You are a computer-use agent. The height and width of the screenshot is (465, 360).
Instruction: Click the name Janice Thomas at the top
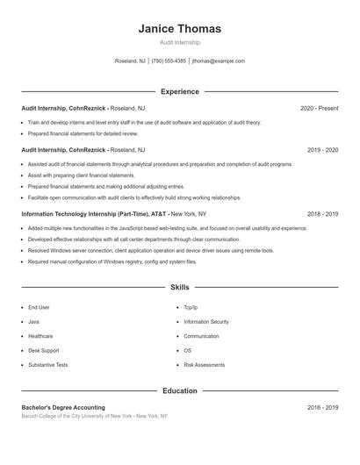click(x=179, y=29)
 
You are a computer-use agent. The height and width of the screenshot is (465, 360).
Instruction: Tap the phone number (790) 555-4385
click(x=169, y=61)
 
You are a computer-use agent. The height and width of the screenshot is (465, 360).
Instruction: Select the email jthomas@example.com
click(x=218, y=61)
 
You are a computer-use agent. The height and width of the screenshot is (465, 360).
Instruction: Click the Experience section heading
click(x=179, y=91)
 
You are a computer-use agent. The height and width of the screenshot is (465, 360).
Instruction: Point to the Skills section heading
click(x=179, y=287)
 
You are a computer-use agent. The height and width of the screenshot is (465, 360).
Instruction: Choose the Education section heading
click(x=179, y=390)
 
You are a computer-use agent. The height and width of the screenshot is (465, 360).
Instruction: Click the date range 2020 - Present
click(x=319, y=108)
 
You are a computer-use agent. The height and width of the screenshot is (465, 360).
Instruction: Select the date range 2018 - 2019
click(x=322, y=213)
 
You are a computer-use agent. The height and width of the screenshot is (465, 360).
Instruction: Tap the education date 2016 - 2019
click(x=322, y=407)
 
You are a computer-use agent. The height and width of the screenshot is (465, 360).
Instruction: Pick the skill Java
click(x=34, y=322)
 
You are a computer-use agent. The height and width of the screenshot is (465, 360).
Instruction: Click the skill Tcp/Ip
click(x=191, y=308)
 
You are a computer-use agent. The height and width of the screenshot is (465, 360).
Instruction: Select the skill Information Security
click(x=206, y=322)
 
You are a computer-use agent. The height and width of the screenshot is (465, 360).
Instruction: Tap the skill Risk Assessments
click(x=204, y=364)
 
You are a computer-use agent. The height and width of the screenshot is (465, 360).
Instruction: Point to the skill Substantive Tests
click(x=48, y=364)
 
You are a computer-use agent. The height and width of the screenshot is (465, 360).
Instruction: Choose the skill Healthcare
click(x=40, y=336)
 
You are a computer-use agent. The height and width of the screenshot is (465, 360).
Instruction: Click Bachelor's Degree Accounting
click(x=63, y=407)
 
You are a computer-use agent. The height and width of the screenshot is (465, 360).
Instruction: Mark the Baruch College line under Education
click(x=94, y=416)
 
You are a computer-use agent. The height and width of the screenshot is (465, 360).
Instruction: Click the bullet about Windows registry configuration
click(x=112, y=261)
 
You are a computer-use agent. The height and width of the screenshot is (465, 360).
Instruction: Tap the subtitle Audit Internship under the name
click(x=179, y=42)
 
